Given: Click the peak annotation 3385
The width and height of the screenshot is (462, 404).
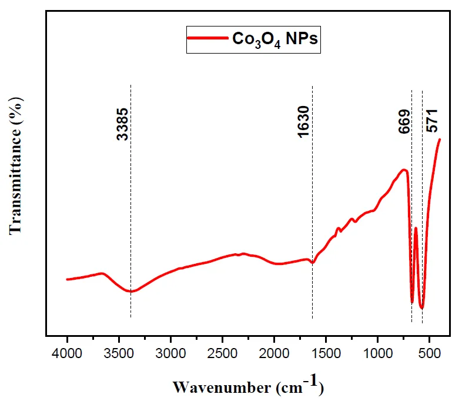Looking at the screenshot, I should pyautogui.click(x=122, y=124).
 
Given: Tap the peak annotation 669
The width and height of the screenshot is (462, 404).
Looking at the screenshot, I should pyautogui.click(x=404, y=121).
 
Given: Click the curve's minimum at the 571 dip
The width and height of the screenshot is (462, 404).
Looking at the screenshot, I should pyautogui.click(x=421, y=308).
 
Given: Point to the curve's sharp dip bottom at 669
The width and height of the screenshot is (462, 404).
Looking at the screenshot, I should pyautogui.click(x=412, y=303).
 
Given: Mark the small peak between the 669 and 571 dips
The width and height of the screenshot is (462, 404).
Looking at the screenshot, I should pyautogui.click(x=416, y=228).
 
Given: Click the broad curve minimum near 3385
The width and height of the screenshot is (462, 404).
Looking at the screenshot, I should pyautogui.click(x=131, y=292).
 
